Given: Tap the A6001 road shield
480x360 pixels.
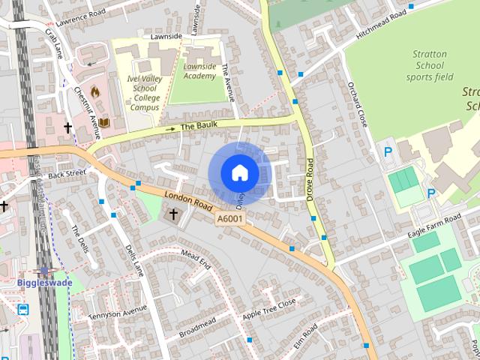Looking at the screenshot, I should [229, 218].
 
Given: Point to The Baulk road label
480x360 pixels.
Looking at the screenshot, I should [198, 127].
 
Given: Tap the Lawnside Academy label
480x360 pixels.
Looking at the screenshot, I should [199, 71].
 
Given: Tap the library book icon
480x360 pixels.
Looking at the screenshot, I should [103, 122].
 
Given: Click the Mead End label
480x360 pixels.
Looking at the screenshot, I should [196, 261].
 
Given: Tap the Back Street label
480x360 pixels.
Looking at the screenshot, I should [62, 174].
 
